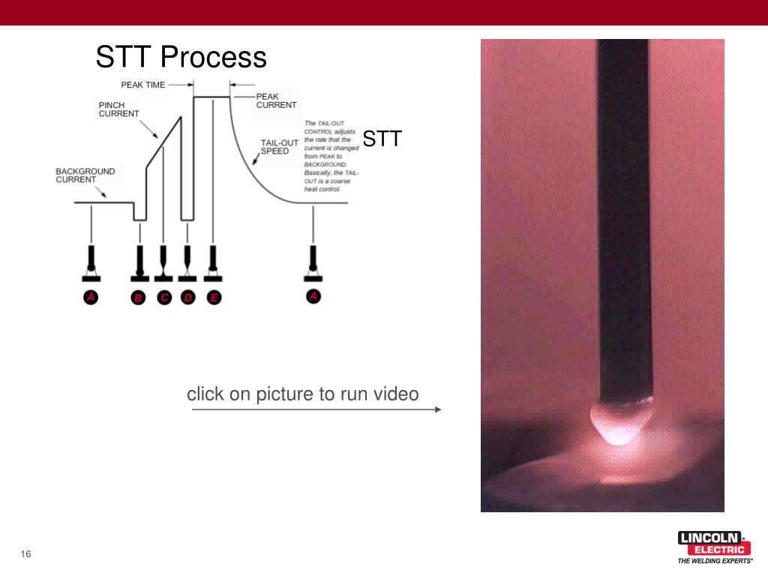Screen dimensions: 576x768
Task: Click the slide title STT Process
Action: click(181, 58)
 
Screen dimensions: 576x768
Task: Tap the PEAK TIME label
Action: click(142, 85)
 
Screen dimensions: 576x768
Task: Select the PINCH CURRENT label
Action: click(118, 109)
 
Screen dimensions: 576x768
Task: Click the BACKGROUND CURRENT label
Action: click(85, 175)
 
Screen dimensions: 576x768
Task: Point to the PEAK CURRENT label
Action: click(276, 100)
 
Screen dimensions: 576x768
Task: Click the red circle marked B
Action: click(138, 298)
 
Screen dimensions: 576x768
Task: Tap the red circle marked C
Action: click(164, 298)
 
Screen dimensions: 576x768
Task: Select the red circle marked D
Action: click(187, 298)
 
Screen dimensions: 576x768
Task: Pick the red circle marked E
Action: click(214, 298)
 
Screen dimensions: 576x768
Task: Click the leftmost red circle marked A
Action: click(91, 298)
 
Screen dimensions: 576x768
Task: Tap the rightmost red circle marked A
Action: click(313, 297)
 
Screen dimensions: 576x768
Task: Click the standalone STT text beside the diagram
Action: click(382, 139)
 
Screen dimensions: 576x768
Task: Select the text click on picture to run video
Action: click(302, 394)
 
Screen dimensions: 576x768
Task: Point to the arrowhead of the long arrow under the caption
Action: click(438, 409)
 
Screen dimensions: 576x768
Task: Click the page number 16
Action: click(26, 554)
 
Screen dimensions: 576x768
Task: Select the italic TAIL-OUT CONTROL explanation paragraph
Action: click(331, 156)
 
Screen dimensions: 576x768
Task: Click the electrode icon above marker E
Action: click(214, 260)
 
